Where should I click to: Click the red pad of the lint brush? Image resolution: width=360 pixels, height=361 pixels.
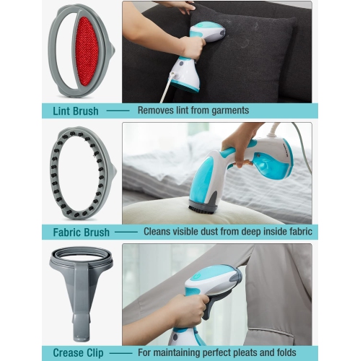87,51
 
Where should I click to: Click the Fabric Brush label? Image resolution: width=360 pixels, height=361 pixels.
81,232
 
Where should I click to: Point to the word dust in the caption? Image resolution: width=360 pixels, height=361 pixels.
217,232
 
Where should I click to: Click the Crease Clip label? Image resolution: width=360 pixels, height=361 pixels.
80,353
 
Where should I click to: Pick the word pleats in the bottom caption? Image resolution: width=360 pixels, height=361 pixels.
253,353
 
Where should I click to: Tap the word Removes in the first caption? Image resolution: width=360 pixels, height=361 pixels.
156,110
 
